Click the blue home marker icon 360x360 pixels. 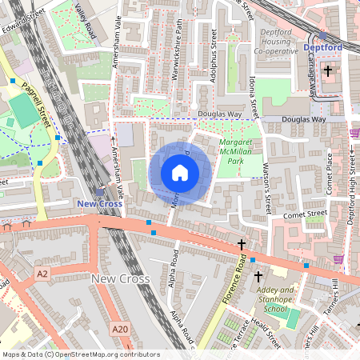tap(180, 173)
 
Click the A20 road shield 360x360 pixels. tap(120, 329)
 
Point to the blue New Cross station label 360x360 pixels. tap(100, 204)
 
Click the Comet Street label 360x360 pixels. tap(305, 214)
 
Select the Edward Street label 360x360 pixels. tap(22, 12)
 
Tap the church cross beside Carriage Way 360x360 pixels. tap(328, 71)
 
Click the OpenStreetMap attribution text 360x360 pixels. tap(81, 354)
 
